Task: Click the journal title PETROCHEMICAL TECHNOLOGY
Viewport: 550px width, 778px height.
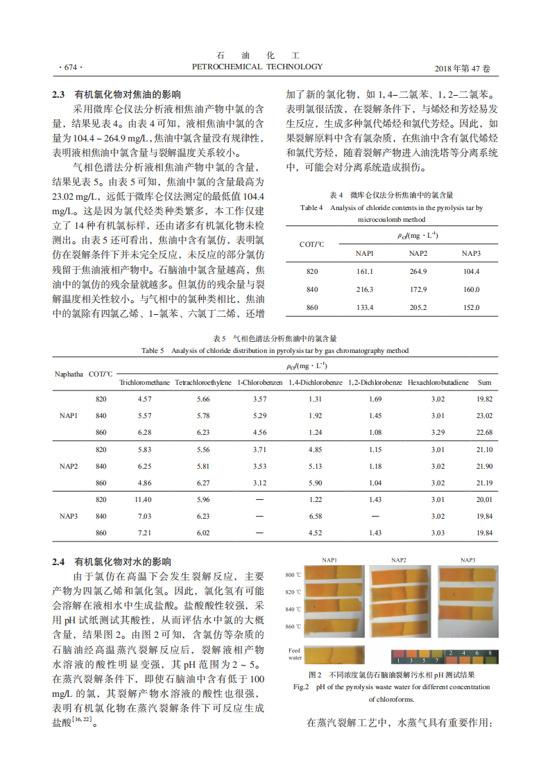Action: click(x=257, y=67)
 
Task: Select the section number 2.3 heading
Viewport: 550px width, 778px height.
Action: click(x=59, y=94)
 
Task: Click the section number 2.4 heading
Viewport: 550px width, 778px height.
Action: click(x=59, y=562)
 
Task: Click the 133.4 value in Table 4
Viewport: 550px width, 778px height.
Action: click(x=365, y=307)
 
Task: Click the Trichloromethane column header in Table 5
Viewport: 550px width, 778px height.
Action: click(x=144, y=382)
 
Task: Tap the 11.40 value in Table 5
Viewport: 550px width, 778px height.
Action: click(x=143, y=499)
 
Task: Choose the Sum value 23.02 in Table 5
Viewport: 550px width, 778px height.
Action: click(x=484, y=416)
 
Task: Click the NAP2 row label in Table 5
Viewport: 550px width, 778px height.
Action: click(x=68, y=466)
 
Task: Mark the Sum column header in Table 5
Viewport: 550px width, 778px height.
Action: click(x=484, y=382)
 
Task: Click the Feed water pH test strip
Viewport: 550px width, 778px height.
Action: click(x=333, y=654)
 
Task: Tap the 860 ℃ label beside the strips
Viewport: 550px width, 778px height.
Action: click(x=293, y=627)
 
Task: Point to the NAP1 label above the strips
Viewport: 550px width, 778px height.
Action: click(x=329, y=560)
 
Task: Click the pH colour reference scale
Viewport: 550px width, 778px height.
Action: click(x=444, y=656)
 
